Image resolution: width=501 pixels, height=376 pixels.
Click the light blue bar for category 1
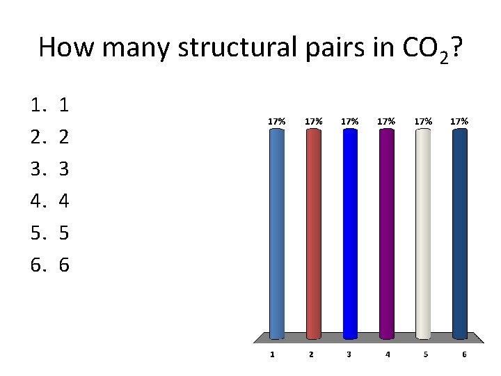pyautogui.click(x=276, y=233)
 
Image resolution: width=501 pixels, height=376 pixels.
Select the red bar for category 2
pyautogui.click(x=313, y=233)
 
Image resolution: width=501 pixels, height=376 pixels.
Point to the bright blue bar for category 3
pyautogui.click(x=350, y=233)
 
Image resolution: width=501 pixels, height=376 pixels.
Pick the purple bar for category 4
pyautogui.click(x=386, y=233)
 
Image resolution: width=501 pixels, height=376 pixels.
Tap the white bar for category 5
pyautogui.click(x=423, y=233)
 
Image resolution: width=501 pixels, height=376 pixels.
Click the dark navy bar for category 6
pyautogui.click(x=459, y=233)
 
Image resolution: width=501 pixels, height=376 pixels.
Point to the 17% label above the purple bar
pyautogui.click(x=386, y=121)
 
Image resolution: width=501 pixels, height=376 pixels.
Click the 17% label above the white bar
pyautogui.click(x=423, y=121)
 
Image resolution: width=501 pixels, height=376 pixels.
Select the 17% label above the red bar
pyautogui.click(x=313, y=121)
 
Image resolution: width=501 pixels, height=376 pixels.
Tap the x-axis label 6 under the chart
pyautogui.click(x=463, y=354)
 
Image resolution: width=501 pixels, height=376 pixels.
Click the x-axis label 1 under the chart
pyautogui.click(x=272, y=354)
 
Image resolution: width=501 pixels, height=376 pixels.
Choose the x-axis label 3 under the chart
pyautogui.click(x=349, y=354)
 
